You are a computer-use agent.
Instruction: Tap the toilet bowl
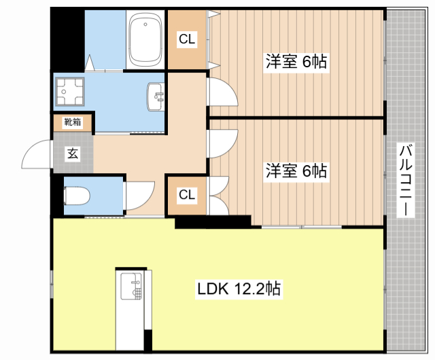point(76,196)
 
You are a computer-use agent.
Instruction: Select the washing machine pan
point(69,92)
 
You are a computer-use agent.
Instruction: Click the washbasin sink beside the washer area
point(156,98)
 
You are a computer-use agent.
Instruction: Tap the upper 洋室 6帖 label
point(296,62)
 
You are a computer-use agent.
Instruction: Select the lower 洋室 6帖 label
point(296,171)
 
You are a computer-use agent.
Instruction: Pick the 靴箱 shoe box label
point(72,123)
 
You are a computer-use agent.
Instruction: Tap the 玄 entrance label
point(72,153)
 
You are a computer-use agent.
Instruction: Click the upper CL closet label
point(187,40)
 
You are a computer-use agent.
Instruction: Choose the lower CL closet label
point(187,195)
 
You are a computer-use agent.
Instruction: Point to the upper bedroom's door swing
point(222,92)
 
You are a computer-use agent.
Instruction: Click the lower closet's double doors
point(219,195)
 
